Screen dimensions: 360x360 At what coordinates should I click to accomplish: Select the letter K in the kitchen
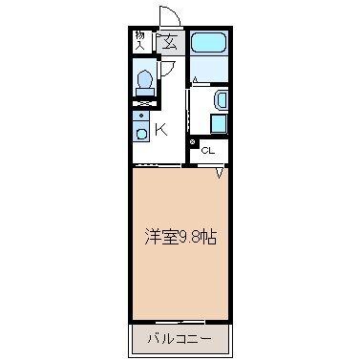point(161,130)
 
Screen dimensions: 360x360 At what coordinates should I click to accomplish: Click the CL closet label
point(208,151)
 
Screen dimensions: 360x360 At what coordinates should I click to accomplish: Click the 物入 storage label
point(138,39)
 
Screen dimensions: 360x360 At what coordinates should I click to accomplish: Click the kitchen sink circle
point(139,133)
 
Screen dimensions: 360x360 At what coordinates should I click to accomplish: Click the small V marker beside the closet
point(219,173)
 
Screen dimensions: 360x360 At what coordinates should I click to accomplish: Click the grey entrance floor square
point(169,41)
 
